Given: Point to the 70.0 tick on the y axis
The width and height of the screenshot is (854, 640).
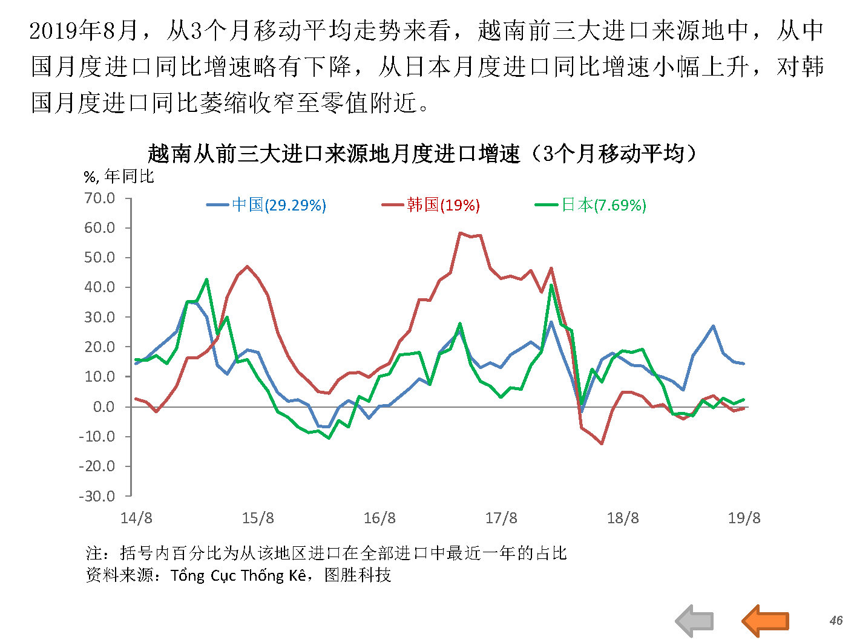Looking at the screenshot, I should click(100, 198).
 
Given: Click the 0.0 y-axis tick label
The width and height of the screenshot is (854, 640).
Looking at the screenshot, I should click(103, 407).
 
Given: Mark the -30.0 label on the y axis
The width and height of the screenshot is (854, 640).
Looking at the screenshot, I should click(97, 496).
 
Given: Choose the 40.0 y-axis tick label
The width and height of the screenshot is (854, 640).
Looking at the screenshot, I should click(100, 287).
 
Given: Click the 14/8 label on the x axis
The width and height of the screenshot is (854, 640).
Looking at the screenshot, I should click(136, 518).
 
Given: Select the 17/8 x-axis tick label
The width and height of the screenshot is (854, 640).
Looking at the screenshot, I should click(501, 518).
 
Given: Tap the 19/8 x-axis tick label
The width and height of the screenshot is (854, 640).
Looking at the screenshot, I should click(744, 518).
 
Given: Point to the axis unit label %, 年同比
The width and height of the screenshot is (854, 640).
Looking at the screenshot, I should click(119, 177).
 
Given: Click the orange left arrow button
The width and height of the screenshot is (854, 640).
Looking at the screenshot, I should click(765, 621).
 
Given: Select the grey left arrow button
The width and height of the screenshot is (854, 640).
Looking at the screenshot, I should click(695, 621).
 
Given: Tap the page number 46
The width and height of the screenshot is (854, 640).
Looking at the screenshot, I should click(836, 620).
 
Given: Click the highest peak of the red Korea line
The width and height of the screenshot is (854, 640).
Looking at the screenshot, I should click(461, 232).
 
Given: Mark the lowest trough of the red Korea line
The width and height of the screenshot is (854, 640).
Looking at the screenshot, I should click(602, 443).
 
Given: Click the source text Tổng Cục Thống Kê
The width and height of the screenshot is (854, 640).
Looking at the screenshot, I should click(238, 575).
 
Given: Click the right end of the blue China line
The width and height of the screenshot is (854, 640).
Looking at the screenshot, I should click(743, 364).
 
